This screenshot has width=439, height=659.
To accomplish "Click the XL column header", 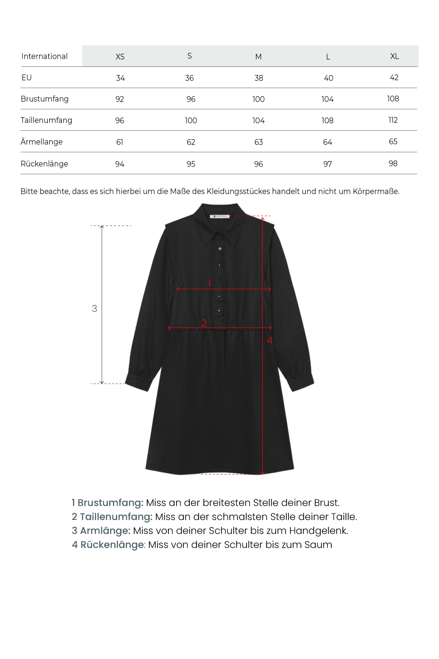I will click(394, 56).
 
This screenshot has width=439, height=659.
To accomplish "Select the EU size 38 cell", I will click(259, 78).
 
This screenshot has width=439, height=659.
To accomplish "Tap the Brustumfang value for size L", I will click(327, 99).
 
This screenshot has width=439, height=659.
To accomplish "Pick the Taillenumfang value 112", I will click(393, 120).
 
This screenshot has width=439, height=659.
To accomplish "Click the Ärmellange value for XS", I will click(120, 142).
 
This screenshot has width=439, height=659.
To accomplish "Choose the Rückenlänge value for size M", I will click(259, 164).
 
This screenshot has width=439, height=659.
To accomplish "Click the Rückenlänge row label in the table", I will click(44, 164).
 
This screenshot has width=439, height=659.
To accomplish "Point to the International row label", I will click(44, 56).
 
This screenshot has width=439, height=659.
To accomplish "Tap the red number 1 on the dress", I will click(209, 283).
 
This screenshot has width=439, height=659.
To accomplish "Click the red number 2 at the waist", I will click(203, 323).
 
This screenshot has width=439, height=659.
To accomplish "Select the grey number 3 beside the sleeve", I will click(94, 309).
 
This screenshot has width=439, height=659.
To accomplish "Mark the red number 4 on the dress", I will click(270, 340).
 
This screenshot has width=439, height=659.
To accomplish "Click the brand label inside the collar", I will click(219, 216).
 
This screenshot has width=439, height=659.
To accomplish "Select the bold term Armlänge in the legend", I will click(105, 531).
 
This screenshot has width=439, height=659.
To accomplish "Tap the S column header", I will click(189, 56).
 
